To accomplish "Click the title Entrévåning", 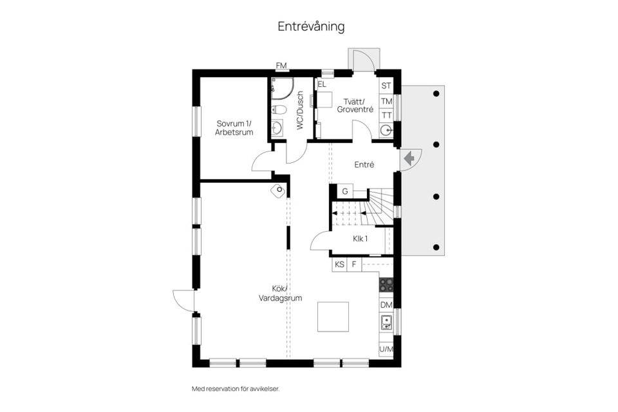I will (x=311, y=26).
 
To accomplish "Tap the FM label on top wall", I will (x=281, y=66).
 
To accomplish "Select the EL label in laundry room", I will (x=322, y=84).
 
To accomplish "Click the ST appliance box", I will (x=386, y=86).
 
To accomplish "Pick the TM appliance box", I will (x=386, y=101).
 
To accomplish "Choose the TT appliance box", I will (x=386, y=115).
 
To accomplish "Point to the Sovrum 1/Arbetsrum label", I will (x=234, y=127).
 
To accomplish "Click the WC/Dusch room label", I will (x=300, y=111).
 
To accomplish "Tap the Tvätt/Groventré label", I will (x=355, y=105).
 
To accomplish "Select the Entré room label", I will (x=364, y=165).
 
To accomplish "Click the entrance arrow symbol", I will (x=407, y=158).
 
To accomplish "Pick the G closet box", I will (x=345, y=191).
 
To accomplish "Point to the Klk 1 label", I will (x=360, y=239).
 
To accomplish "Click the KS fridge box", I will (x=339, y=264).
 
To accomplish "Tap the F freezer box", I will (x=354, y=264).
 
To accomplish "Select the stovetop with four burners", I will (x=386, y=284).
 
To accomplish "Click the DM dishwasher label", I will (x=386, y=304).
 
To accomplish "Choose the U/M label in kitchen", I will (x=386, y=350).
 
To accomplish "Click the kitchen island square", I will (x=333, y=317).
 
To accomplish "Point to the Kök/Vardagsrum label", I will (x=280, y=294).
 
